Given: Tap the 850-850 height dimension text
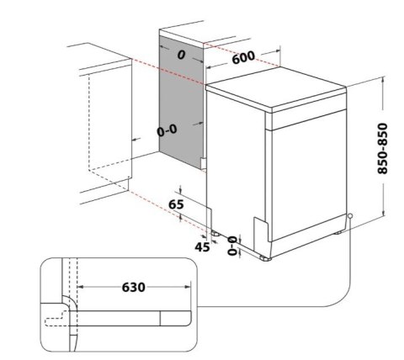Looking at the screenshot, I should (385, 151).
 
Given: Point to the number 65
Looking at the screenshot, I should (176, 205).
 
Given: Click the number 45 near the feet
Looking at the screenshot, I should (203, 246).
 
